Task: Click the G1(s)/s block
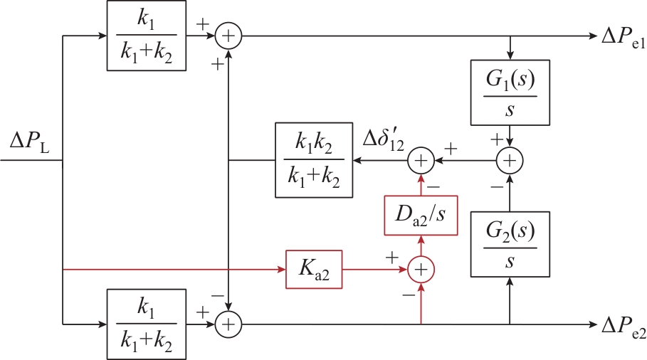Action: click(510, 91)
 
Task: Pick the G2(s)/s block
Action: click(510, 244)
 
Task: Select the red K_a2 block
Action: click(314, 270)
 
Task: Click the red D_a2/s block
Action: click(421, 213)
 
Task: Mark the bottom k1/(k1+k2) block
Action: click(146, 324)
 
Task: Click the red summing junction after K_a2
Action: click(421, 270)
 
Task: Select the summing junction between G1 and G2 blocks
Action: click(510, 161)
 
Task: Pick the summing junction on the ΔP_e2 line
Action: click(228, 324)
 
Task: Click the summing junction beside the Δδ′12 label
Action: click(421, 161)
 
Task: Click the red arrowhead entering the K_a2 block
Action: click(280, 270)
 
